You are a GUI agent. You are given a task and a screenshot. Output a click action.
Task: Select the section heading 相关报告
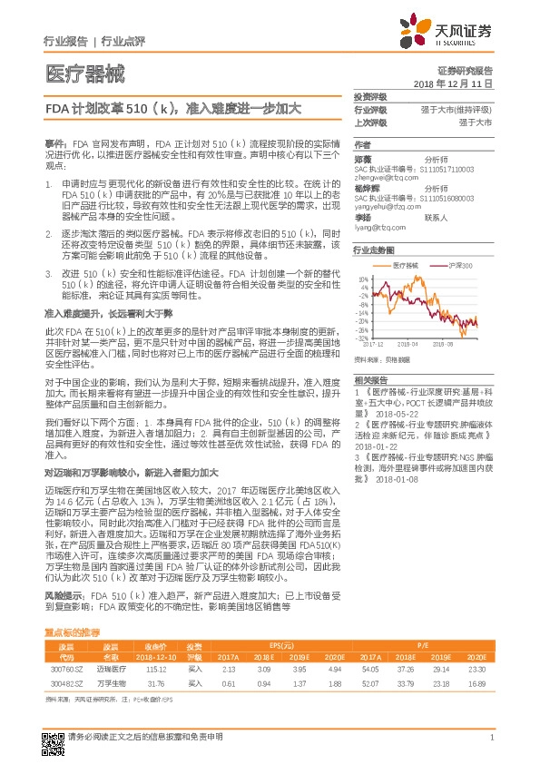click(370, 379)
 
